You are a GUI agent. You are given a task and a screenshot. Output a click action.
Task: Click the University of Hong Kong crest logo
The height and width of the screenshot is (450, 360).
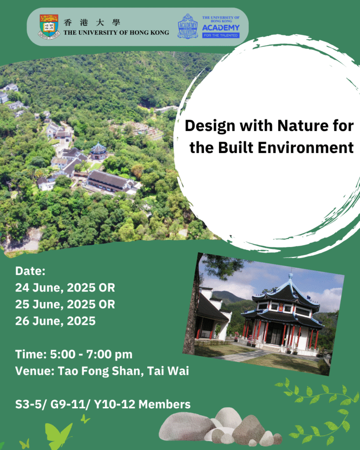[x=49, y=27]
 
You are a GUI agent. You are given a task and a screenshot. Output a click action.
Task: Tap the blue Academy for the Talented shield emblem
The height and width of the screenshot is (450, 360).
[x=187, y=26]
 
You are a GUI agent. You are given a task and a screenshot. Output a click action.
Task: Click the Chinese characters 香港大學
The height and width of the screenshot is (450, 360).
[x=92, y=22]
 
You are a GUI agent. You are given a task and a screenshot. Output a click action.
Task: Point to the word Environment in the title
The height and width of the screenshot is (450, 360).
[x=305, y=148]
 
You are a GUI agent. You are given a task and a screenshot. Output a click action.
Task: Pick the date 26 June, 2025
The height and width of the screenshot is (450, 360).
[x=55, y=321]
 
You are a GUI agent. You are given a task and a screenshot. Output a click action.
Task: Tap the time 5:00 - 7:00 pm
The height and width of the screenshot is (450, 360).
[x=91, y=355]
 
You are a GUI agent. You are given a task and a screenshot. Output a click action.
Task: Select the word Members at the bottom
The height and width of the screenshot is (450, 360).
[x=164, y=404]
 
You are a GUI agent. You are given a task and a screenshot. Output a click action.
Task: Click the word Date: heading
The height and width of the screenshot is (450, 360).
[x=30, y=271]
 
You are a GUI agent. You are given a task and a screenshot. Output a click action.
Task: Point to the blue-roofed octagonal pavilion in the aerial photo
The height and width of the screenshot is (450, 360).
[x=98, y=151]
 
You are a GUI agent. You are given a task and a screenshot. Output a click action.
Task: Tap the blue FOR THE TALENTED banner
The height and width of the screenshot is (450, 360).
[x=221, y=35]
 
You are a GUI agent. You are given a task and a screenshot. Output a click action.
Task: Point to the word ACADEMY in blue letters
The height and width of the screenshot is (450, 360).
[x=221, y=28]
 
